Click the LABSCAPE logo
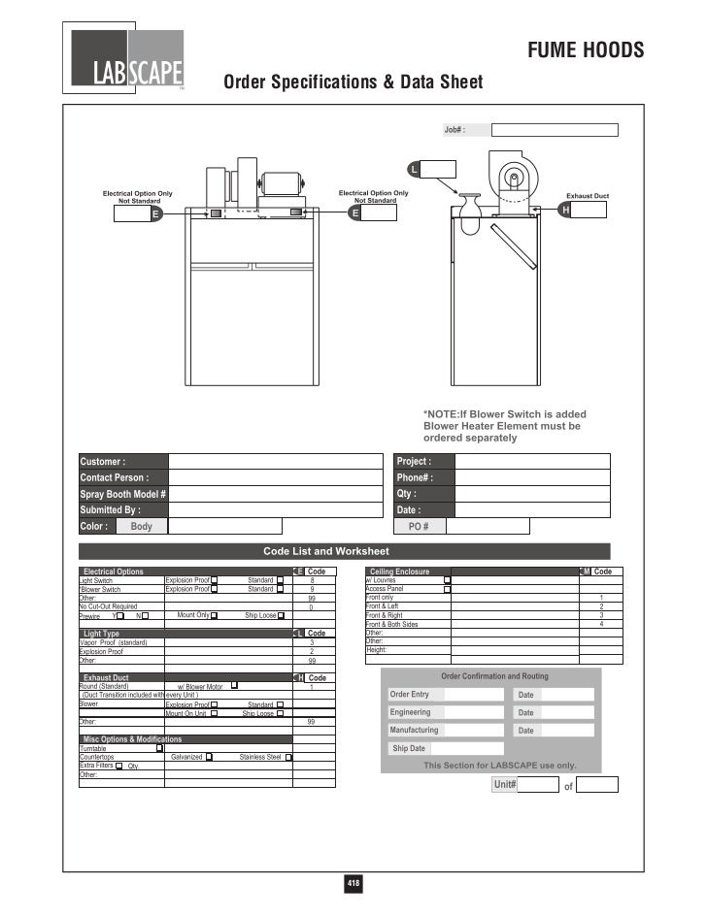[128, 60]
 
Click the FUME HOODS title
[585, 50]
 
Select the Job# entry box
[554, 130]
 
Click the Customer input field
[276, 462]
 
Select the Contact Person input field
[276, 478]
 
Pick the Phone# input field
[532, 478]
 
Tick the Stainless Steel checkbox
[287, 757]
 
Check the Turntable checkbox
[159, 748]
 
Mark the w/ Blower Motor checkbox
[235, 686]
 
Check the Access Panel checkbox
[448, 589]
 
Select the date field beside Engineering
[567, 712]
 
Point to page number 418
[353, 883]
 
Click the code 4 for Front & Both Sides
[602, 624]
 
